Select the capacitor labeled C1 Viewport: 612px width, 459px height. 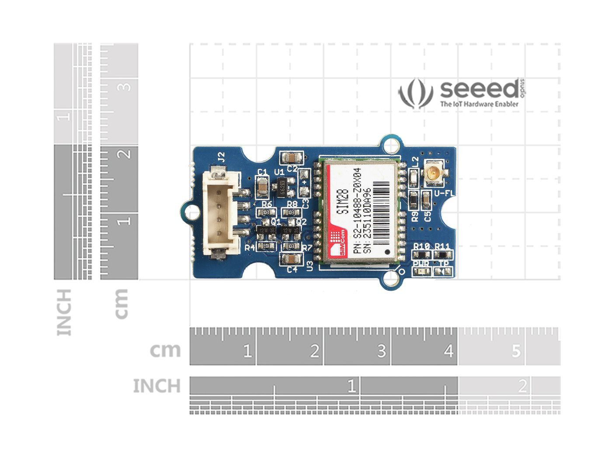(262, 187)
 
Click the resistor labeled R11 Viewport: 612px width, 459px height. (442, 255)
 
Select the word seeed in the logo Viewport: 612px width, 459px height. (479, 89)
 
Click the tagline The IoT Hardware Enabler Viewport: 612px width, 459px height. (479, 104)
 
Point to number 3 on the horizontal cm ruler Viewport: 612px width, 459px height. (381, 351)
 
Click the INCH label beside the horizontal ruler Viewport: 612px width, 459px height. (156, 386)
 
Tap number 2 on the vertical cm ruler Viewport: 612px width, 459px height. (125, 154)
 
